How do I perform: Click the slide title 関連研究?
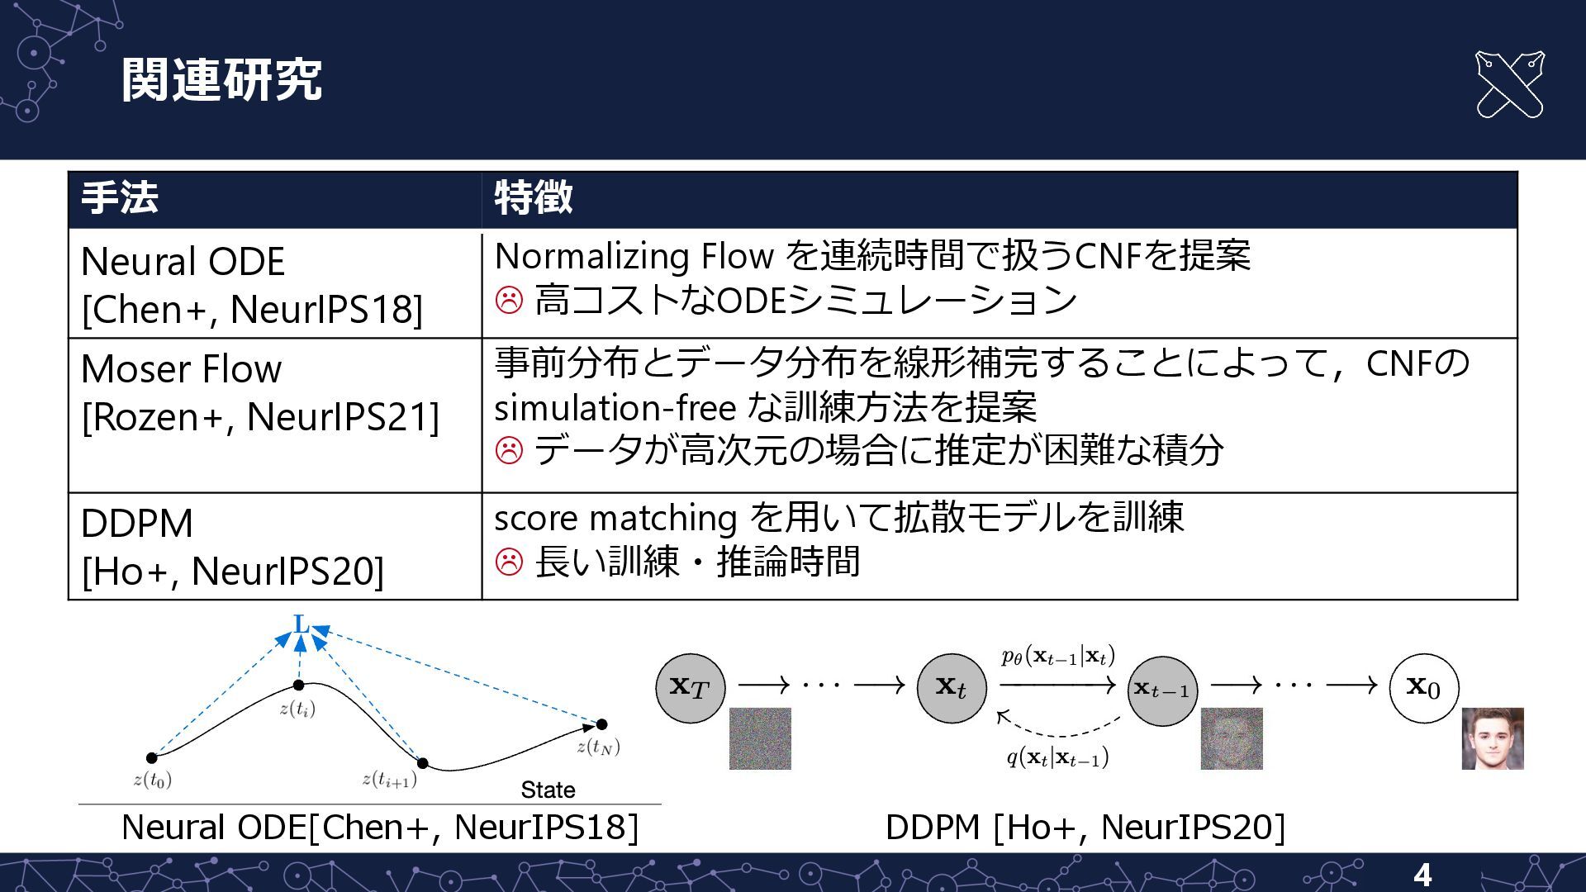[221, 80]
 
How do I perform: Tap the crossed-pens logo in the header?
[1509, 84]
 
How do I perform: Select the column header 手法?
[120, 198]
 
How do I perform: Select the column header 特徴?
[534, 198]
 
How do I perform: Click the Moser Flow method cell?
[182, 369]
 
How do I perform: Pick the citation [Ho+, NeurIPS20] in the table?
[233, 572]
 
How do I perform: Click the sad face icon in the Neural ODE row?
[509, 300]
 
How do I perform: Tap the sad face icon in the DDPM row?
[509, 562]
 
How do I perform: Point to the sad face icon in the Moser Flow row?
[509, 451]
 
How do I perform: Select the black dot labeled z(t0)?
[152, 757]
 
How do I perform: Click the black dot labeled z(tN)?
[601, 724]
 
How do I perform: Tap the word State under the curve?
[548, 790]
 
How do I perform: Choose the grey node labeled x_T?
[690, 687]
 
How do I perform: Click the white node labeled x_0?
[1423, 687]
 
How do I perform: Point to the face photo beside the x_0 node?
[1492, 738]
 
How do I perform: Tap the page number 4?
[1422, 875]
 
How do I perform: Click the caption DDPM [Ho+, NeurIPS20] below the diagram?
[1085, 828]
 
